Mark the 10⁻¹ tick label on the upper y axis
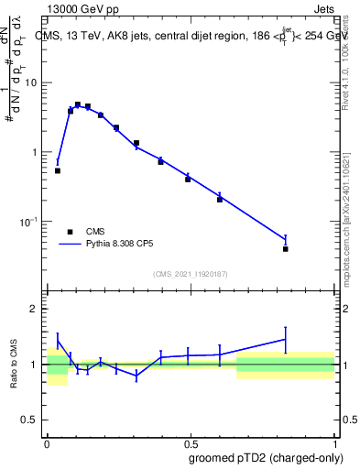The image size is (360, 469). (29, 221)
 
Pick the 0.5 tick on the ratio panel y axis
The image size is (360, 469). (30, 421)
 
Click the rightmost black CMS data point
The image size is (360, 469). (286, 248)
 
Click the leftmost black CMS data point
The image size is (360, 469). (58, 170)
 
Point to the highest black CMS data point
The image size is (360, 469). (78, 104)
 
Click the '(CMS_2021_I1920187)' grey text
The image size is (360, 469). (190, 274)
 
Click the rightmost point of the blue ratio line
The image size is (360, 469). (286, 339)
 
